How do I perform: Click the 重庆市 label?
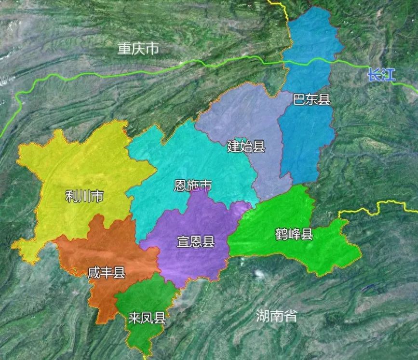pos(138,49)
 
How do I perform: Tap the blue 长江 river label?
pos(380,75)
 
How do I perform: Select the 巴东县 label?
pos(311,100)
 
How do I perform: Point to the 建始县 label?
pos(246,147)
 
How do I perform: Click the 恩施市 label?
pos(192,186)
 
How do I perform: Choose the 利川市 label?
pos(84,196)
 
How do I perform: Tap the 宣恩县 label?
pos(195,242)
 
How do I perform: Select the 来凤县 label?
pos(147,318)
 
